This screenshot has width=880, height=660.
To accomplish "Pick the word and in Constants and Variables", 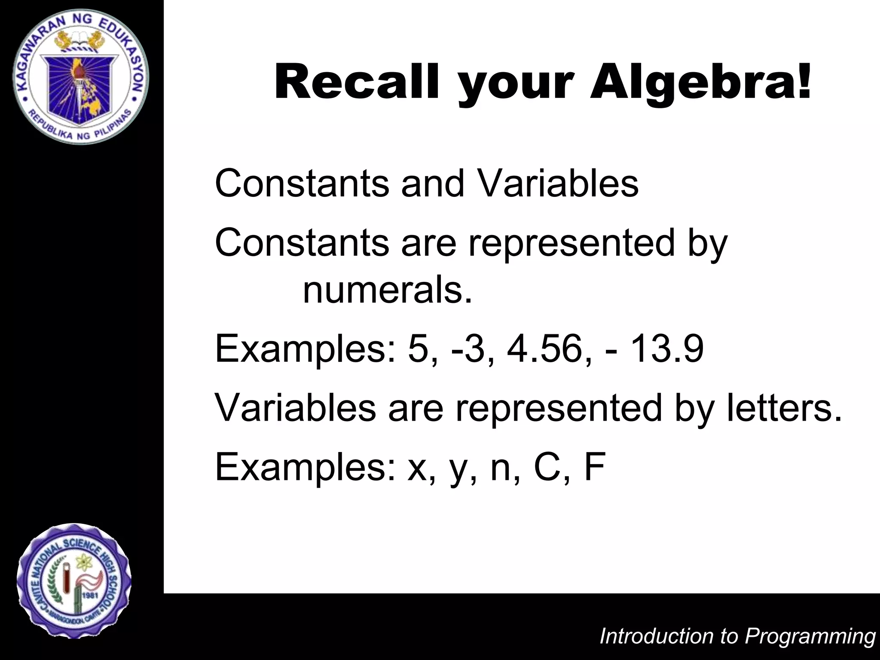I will click(433, 183).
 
